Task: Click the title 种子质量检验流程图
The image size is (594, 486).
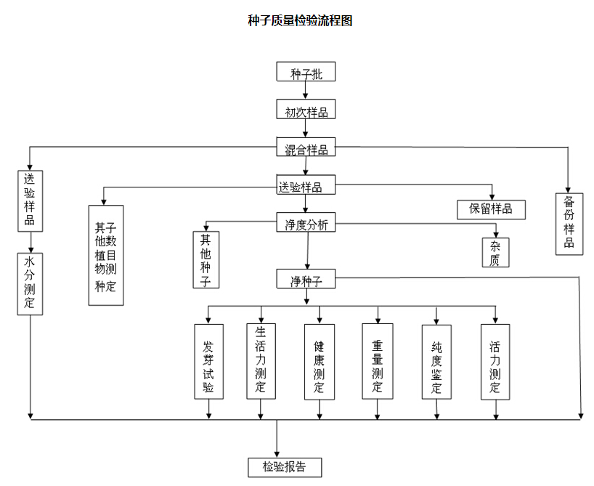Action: pyautogui.click(x=300, y=21)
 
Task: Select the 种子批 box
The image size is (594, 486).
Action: pyautogui.click(x=306, y=73)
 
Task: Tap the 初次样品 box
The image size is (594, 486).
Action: pyautogui.click(x=306, y=110)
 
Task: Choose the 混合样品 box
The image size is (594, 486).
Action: pyautogui.click(x=306, y=149)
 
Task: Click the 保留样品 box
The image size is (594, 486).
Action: pyautogui.click(x=491, y=209)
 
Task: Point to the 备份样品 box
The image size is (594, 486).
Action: pyautogui.click(x=569, y=222)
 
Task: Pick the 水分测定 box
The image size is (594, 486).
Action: pyautogui.click(x=30, y=283)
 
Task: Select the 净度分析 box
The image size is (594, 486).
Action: pyautogui.click(x=306, y=224)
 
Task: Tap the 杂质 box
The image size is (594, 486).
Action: pyautogui.click(x=495, y=252)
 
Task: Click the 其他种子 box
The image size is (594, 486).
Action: pyautogui.click(x=206, y=259)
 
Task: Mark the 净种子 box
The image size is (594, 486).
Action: pyautogui.click(x=306, y=280)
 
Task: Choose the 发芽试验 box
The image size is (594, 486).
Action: pyautogui.click(x=209, y=361)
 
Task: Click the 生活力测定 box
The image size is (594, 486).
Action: pyautogui.click(x=260, y=360)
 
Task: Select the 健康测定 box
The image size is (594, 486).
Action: pyautogui.click(x=319, y=361)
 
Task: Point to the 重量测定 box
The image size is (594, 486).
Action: pyautogui.click(x=378, y=361)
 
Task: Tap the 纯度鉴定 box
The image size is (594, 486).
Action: pyautogui.click(x=436, y=361)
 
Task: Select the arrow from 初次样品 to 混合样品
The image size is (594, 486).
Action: pyautogui.click(x=306, y=128)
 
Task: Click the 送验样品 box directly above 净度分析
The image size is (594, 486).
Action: pyautogui.click(x=306, y=186)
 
